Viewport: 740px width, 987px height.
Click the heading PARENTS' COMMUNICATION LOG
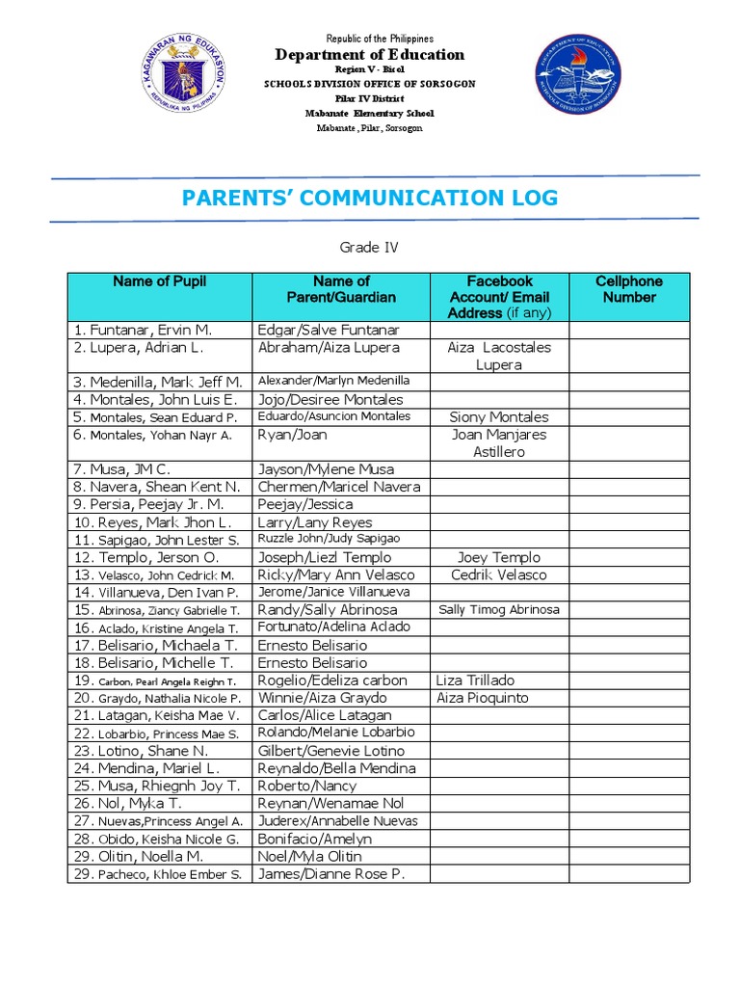pos(369,199)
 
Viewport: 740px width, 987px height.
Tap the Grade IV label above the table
pos(370,248)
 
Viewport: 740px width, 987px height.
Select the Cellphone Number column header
pos(628,289)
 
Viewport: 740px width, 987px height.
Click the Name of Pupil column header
pos(159,281)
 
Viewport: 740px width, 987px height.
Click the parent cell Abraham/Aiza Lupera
pos(329,347)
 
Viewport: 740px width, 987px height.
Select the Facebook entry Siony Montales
pos(499,417)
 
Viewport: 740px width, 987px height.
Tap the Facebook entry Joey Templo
pos(499,557)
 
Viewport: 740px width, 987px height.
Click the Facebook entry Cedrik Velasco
pos(499,574)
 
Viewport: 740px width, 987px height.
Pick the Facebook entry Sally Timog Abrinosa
pos(499,610)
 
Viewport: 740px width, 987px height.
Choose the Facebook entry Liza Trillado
pos(476,680)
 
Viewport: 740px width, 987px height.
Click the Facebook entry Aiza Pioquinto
pos(482,698)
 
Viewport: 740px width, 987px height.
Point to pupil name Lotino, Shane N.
pos(141,751)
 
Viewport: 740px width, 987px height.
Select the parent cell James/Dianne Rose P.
pos(331,874)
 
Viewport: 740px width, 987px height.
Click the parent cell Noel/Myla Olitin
pos(310,856)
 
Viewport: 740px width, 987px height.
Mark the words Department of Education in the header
pos(370,55)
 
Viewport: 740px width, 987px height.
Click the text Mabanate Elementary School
pos(370,113)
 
